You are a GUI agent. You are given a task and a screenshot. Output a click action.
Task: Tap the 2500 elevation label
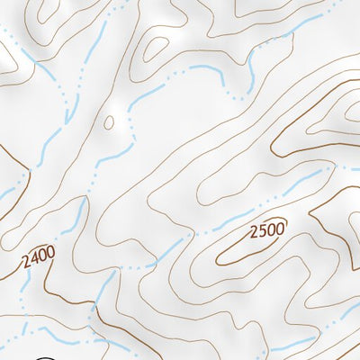coord(268,231)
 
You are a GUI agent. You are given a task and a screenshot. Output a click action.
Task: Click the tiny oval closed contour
coord(110,122)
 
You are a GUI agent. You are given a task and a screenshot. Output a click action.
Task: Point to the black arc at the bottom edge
coord(47,357)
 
